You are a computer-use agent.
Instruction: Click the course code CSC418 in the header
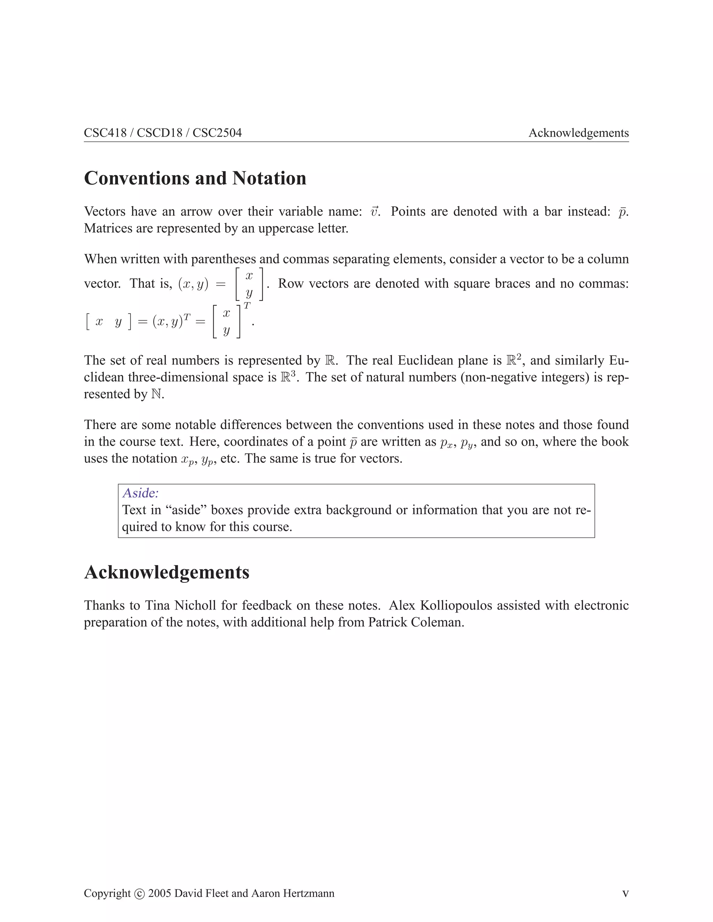[x=105, y=133]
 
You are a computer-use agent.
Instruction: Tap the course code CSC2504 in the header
[x=217, y=133]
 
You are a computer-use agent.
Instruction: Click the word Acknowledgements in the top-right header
[x=578, y=133]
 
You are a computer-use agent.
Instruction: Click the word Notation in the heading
[x=269, y=178]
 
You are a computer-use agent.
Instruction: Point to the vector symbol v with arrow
[x=374, y=212]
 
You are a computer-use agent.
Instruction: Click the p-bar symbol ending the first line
[x=622, y=212]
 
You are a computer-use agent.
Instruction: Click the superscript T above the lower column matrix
[x=247, y=305]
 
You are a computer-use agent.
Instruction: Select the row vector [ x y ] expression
[x=109, y=322]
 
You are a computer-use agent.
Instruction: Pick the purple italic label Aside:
[x=140, y=493]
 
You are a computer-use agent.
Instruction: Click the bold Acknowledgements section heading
[x=167, y=572]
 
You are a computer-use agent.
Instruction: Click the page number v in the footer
[x=625, y=893]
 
